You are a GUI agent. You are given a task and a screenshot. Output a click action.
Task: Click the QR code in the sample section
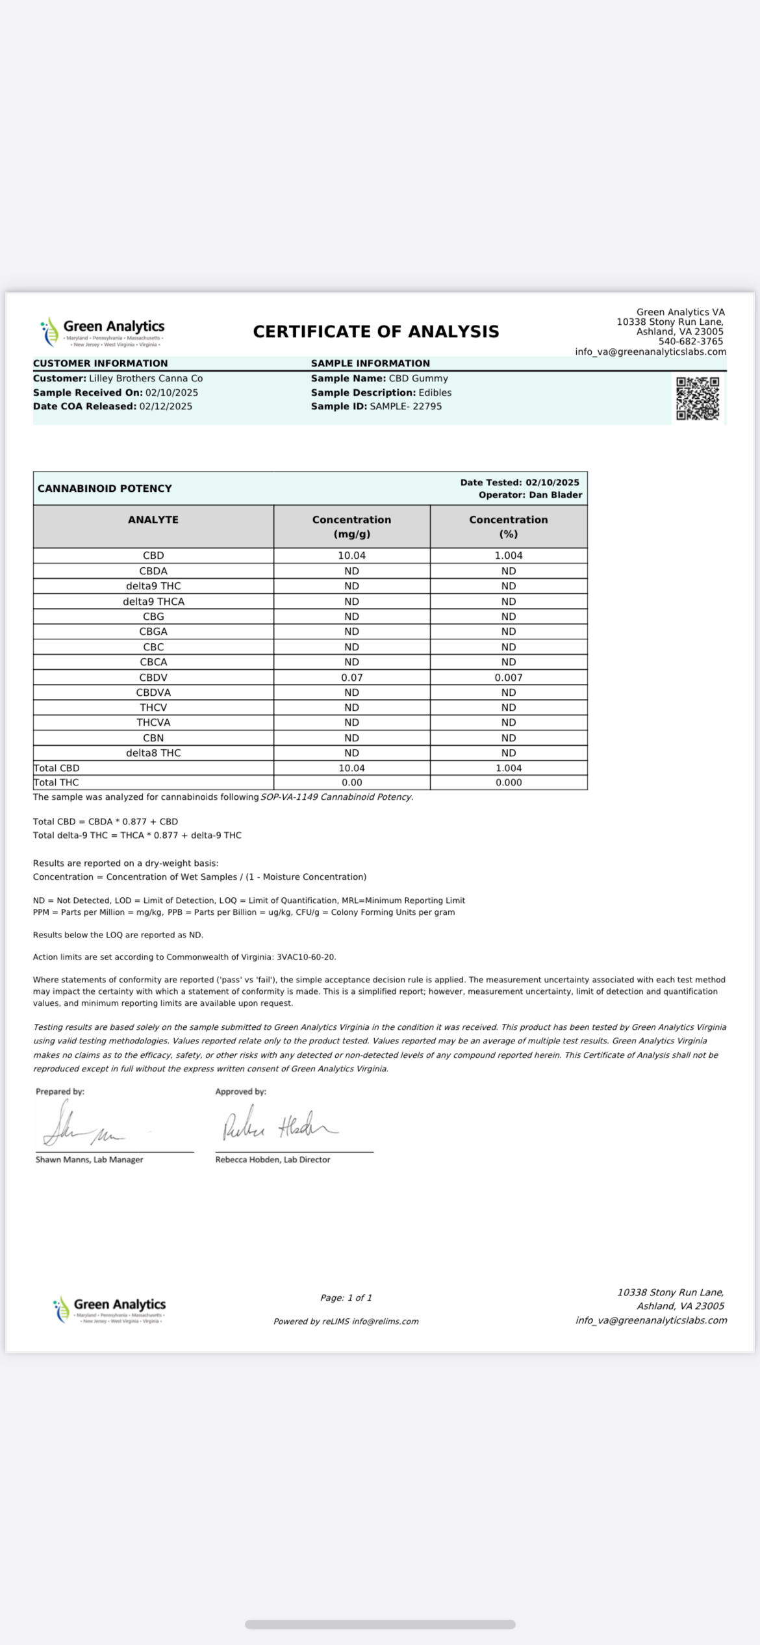point(698,398)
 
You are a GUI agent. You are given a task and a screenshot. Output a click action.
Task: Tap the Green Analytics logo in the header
point(103,331)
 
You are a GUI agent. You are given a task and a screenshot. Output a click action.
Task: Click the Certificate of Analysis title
point(376,332)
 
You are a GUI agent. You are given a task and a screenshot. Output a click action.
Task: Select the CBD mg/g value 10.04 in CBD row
point(351,555)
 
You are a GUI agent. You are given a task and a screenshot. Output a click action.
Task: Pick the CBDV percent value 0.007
point(509,677)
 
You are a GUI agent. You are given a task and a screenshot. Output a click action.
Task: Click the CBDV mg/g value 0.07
point(351,677)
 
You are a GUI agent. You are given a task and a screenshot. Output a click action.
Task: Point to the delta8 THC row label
point(153,753)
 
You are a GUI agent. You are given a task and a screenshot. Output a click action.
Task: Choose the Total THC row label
point(57,782)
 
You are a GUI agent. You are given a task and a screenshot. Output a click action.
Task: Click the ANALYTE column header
point(153,520)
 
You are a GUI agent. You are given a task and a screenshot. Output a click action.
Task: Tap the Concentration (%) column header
point(509,527)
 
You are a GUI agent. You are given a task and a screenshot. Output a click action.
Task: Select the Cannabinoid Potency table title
point(105,489)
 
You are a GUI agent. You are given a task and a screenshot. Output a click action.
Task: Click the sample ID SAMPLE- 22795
point(406,407)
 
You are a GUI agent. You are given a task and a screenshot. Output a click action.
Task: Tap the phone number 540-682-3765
point(690,342)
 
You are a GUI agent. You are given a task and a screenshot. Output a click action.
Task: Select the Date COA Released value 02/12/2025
point(166,407)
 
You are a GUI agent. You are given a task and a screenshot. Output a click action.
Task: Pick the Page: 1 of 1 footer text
point(346,1297)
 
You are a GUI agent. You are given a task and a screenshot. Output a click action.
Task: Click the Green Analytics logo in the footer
point(110,1309)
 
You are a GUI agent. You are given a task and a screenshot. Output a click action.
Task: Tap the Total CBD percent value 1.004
point(509,768)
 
